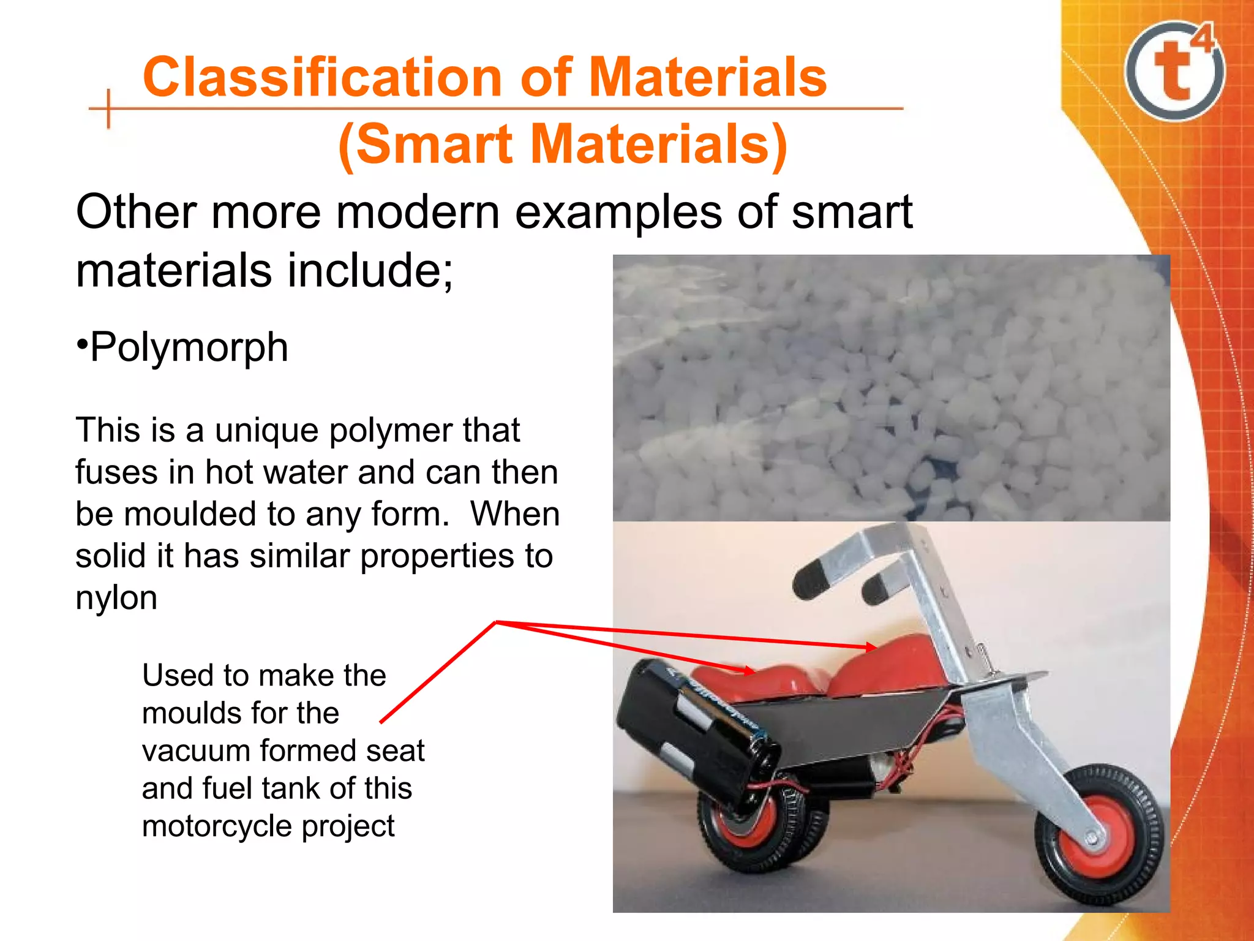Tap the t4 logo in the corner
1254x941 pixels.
(1174, 70)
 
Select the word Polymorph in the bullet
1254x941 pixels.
(189, 347)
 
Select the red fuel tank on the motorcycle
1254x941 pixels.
(888, 668)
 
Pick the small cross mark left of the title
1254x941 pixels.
(108, 109)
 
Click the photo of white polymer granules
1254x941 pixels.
(891, 387)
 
